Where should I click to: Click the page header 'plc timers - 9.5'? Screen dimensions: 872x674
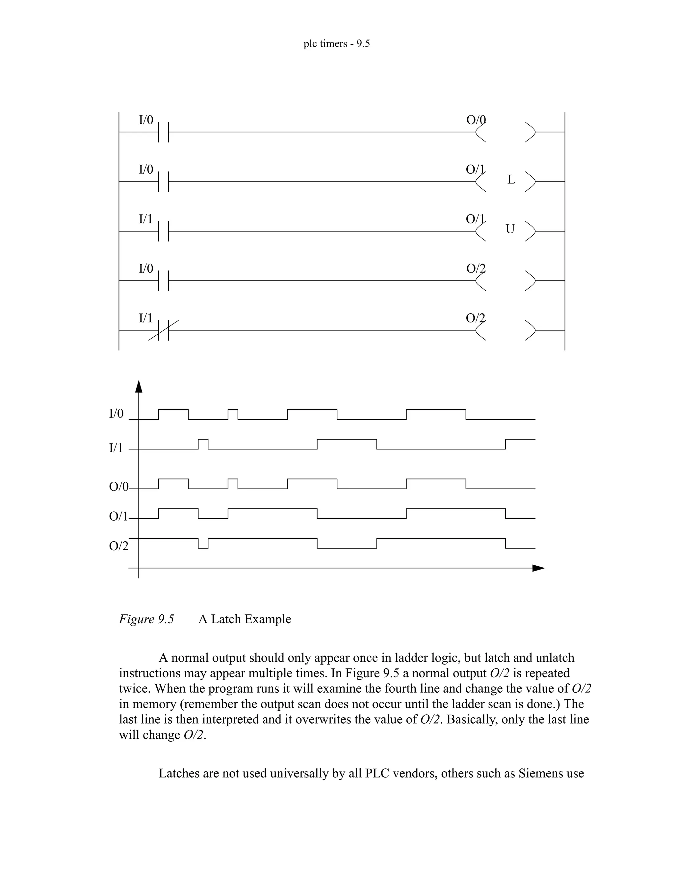point(337,43)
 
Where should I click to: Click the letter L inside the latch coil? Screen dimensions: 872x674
point(511,180)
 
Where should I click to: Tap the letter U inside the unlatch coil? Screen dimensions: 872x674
point(510,229)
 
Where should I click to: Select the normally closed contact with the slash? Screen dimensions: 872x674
point(163,330)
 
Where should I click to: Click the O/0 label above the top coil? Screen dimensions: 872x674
point(476,120)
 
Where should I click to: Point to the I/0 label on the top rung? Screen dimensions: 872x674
point(146,120)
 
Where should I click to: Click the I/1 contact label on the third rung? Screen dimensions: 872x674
point(146,219)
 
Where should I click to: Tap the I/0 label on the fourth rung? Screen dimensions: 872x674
point(146,268)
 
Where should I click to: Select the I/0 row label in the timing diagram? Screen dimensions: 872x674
point(116,414)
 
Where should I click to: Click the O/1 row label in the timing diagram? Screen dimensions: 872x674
point(118,516)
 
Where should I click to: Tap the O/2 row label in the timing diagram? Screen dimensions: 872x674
point(118,546)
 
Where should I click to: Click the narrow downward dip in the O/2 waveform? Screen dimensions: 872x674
point(203,544)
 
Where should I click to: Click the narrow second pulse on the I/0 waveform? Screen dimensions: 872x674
point(233,414)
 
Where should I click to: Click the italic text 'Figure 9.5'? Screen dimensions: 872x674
point(146,619)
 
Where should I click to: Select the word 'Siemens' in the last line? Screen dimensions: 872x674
point(540,773)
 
